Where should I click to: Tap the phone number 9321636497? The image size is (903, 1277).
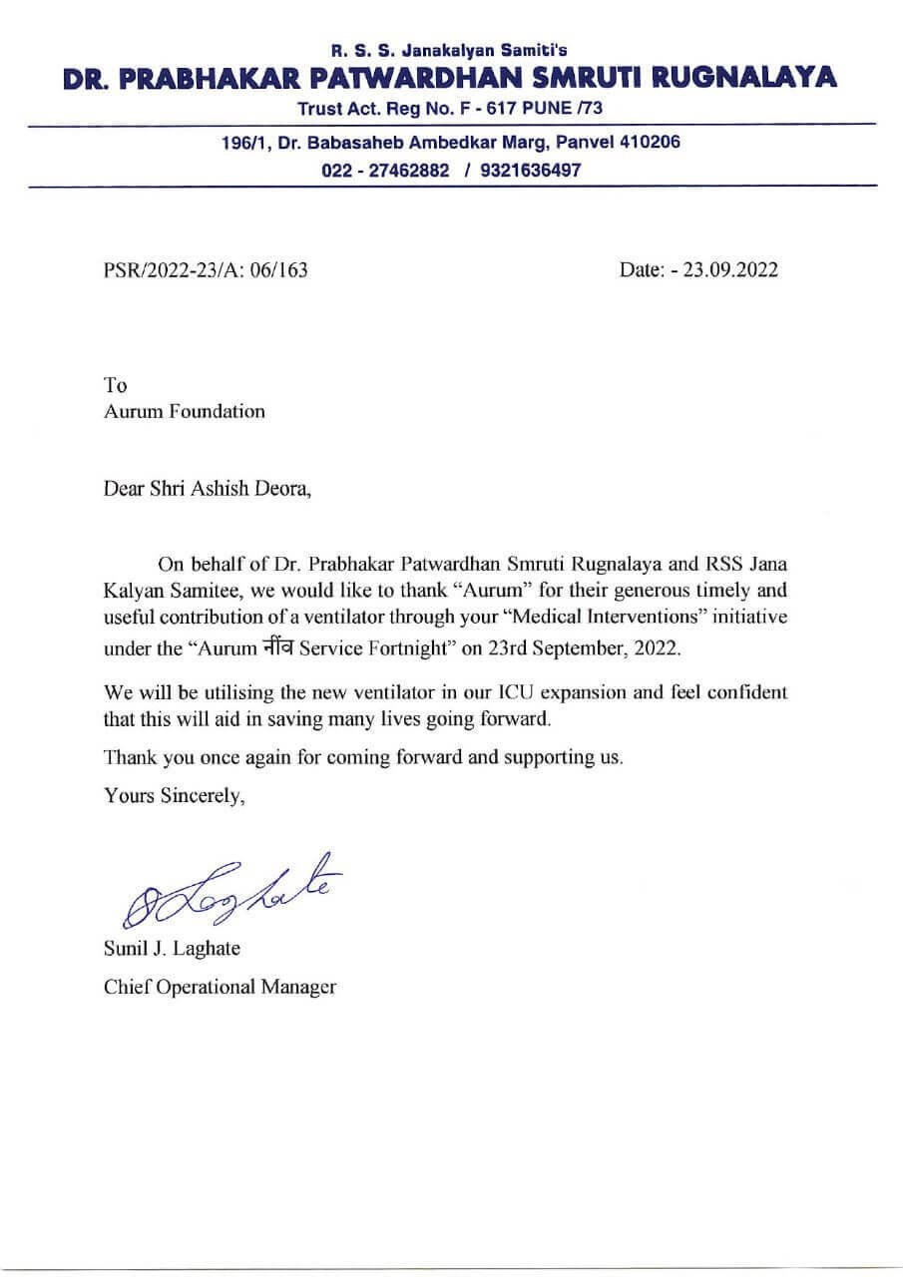click(530, 170)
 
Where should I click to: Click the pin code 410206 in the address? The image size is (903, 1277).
click(650, 143)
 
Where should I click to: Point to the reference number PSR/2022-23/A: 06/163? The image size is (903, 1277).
click(206, 270)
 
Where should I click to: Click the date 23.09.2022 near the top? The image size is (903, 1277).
click(730, 270)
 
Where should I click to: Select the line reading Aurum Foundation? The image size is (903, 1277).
click(185, 411)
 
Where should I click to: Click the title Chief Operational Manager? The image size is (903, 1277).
click(220, 988)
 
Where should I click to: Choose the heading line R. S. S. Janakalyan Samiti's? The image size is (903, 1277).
click(451, 47)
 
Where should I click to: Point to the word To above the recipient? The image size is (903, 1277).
click(115, 384)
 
